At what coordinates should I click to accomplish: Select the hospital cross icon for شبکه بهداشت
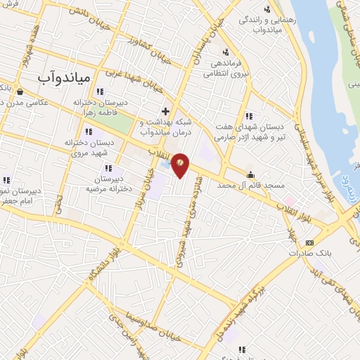pos(165,111)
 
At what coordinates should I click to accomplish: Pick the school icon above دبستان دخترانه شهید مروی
pos(88,131)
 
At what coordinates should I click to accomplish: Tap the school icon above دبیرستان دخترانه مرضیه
pos(109,168)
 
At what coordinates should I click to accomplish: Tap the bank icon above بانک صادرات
pos(309,243)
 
